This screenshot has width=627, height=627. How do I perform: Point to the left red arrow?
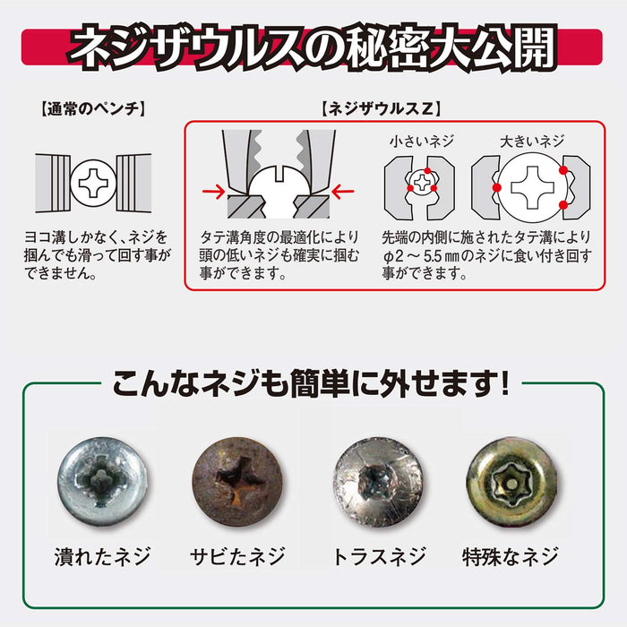coord(214,191)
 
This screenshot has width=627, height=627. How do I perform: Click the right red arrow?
coord(344,191)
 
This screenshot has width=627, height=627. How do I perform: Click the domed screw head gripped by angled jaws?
coord(278,183)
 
